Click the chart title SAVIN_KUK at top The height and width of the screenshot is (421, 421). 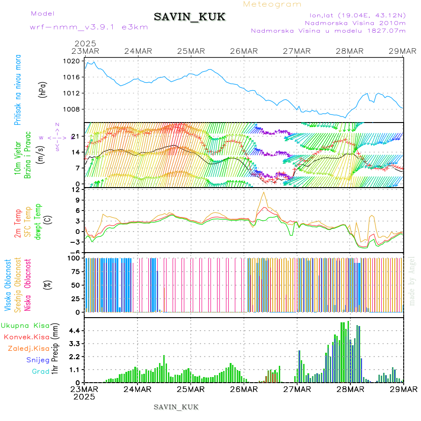(189, 17)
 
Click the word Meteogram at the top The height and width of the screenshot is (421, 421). (273, 4)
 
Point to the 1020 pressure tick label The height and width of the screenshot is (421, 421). (72, 61)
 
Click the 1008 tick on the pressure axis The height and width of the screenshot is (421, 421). (72, 109)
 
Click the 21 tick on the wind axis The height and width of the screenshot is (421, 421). (74, 136)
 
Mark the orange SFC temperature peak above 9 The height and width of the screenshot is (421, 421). (264, 192)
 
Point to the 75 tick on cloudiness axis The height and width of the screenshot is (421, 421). (73, 271)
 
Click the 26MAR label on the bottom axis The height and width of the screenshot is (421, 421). (243, 390)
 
